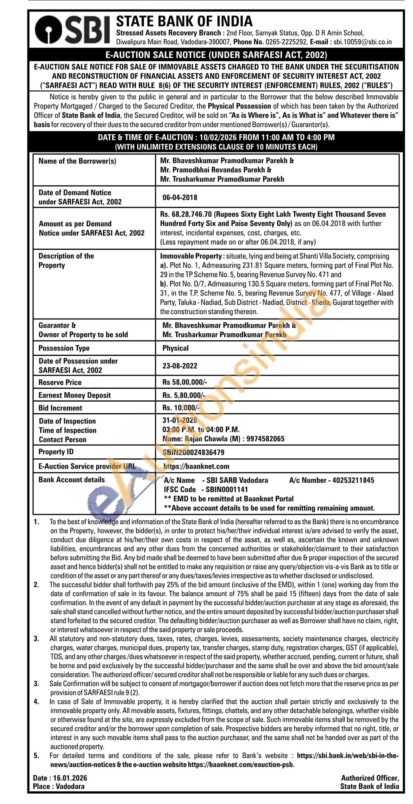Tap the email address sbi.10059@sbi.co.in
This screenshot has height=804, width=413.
(363, 42)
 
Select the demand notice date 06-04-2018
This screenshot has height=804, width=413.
(180, 197)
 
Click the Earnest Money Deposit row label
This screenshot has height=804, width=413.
(75, 395)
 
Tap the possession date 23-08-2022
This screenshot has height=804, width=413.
(180, 366)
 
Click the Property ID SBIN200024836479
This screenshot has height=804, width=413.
(194, 452)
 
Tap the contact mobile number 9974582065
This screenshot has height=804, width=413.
(266, 439)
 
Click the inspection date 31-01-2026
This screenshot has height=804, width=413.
(180, 420)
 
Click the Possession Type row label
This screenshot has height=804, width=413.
(64, 348)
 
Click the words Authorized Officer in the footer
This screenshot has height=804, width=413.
(370, 778)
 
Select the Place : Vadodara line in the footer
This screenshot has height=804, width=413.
(59, 786)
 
